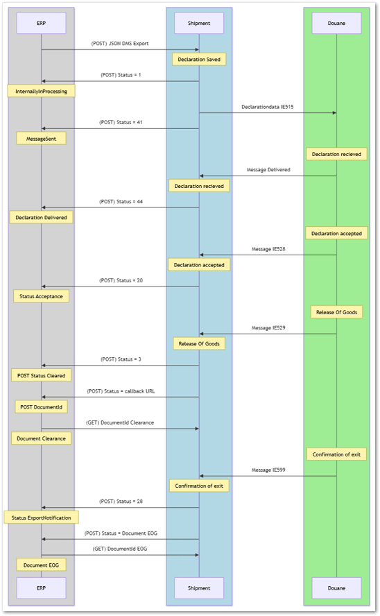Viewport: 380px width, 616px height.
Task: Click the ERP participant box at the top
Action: (x=41, y=23)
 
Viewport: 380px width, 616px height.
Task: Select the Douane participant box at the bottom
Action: (x=336, y=588)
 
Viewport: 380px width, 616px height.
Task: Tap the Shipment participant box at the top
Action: (x=199, y=23)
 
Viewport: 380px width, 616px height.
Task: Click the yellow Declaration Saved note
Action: (x=199, y=60)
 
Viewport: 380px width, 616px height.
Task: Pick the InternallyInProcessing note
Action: (x=41, y=91)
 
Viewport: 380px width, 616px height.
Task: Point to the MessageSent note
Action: (x=41, y=139)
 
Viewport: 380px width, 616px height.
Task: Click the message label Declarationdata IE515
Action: (x=268, y=107)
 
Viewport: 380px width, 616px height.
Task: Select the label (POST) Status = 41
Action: (x=121, y=123)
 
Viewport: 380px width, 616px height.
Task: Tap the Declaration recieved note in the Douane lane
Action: (x=336, y=154)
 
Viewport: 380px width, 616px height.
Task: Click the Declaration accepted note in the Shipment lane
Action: (x=199, y=265)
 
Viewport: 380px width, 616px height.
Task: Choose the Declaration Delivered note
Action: (x=41, y=217)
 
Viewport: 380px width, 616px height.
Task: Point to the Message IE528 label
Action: (x=268, y=249)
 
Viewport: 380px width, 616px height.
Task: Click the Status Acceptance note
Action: (x=41, y=296)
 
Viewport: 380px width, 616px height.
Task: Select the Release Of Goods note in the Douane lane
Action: (x=336, y=312)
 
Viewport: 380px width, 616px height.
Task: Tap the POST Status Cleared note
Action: (x=41, y=375)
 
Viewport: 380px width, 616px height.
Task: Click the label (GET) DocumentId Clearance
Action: (x=120, y=422)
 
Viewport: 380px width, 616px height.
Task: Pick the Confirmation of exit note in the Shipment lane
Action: (x=199, y=486)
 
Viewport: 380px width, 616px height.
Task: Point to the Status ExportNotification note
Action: (x=41, y=517)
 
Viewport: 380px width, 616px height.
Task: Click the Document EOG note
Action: (x=41, y=565)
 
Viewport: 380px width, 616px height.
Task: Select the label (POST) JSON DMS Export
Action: (x=120, y=44)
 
